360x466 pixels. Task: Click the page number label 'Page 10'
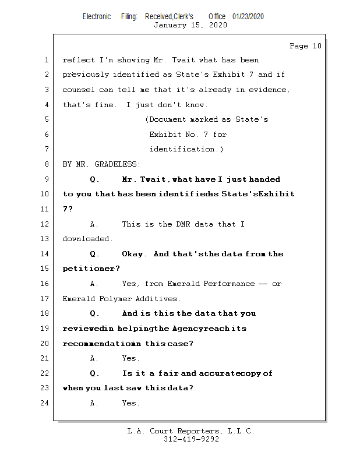[305, 46]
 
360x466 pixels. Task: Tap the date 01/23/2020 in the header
[248, 16]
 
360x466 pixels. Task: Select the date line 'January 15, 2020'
[190, 25]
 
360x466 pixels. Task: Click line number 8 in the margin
[47, 164]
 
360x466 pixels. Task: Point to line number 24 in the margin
[44, 403]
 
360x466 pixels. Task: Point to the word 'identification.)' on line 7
[186, 149]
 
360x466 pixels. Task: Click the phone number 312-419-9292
[191, 439]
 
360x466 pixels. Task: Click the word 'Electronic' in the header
[97, 16]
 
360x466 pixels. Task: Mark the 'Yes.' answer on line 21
[130, 358]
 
